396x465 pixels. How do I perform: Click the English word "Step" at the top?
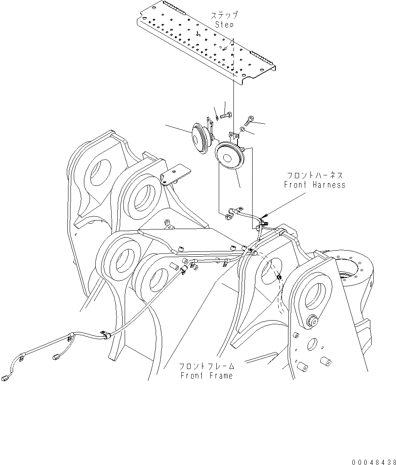click(224, 25)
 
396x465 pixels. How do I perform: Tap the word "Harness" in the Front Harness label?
click(329, 185)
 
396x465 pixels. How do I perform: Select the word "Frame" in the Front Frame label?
click(222, 375)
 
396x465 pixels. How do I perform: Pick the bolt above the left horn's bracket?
click(225, 116)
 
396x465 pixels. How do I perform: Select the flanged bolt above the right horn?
click(249, 120)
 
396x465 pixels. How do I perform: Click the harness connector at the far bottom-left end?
click(5, 378)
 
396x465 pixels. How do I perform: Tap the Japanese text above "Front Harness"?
click(315, 176)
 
